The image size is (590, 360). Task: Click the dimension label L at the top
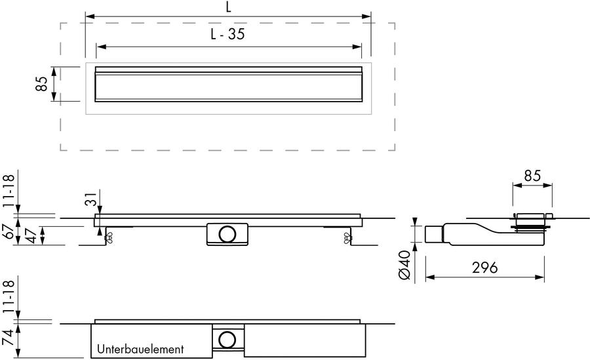(x=228, y=7)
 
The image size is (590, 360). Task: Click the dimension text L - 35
(x=227, y=34)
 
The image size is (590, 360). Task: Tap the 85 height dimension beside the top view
(x=41, y=83)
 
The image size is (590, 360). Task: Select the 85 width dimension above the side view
(x=532, y=176)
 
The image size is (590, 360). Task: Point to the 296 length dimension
(x=484, y=268)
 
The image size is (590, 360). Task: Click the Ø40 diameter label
(x=404, y=266)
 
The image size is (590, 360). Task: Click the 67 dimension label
(x=9, y=231)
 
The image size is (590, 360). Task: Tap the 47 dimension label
(x=31, y=236)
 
